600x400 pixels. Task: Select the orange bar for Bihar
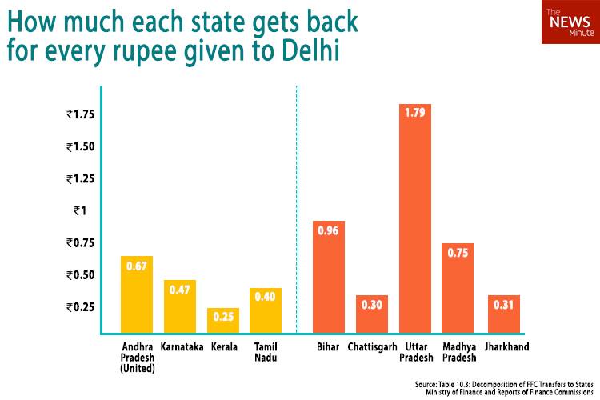click(328, 276)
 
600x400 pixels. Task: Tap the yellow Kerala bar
click(223, 320)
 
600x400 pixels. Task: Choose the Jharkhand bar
click(503, 314)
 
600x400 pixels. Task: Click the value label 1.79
click(415, 118)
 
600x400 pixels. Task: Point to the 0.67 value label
click(136, 267)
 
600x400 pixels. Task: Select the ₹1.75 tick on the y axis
click(81, 114)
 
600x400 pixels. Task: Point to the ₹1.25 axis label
click(81, 178)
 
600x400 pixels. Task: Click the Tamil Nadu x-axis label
click(266, 353)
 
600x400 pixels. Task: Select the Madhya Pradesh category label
click(458, 353)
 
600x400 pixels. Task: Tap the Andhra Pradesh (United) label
click(137, 358)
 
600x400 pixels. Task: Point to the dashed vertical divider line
click(298, 208)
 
